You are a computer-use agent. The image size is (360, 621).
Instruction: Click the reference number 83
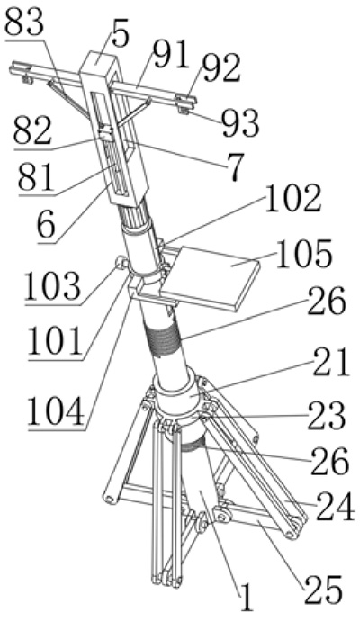pos(23,23)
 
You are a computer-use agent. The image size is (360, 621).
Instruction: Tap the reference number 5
pos(121,35)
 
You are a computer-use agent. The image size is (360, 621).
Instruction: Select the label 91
pos(171,56)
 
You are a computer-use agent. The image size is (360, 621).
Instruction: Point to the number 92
pos(220,68)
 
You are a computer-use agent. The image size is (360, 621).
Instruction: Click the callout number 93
pos(240,123)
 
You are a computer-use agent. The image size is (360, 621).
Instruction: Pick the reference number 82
pos(32,131)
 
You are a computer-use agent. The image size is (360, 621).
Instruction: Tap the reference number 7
pos(235,168)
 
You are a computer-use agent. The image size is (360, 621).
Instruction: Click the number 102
pos(293,199)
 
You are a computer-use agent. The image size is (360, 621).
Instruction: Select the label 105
pos(304,254)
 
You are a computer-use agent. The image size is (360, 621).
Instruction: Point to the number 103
pos(53,285)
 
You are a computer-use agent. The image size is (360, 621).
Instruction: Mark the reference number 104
pos(56,411)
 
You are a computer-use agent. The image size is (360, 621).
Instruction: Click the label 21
pos(331,362)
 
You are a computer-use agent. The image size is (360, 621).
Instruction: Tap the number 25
pos(323,589)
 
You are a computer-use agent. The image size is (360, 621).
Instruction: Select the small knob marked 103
pos(121,263)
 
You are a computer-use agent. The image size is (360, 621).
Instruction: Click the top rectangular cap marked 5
pos(99,63)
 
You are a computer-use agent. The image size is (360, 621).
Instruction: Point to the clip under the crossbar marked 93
pos(183,109)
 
